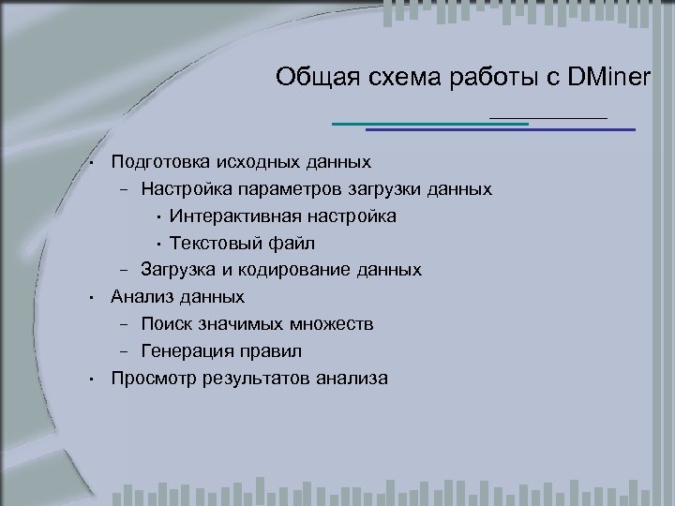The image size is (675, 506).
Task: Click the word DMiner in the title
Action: (607, 78)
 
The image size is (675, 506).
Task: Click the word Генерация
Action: (185, 351)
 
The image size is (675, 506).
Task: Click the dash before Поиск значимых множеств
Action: (124, 325)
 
